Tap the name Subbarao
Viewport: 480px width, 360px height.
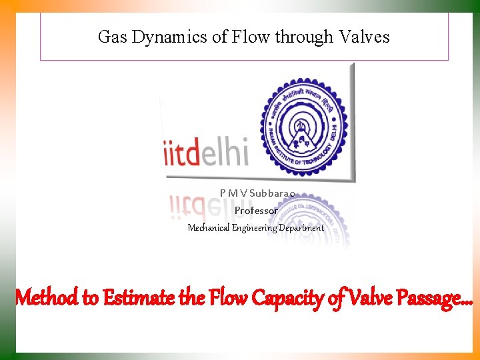[x=273, y=193]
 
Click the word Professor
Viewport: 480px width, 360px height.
[x=256, y=211]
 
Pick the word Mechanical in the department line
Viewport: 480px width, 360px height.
[x=209, y=227]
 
